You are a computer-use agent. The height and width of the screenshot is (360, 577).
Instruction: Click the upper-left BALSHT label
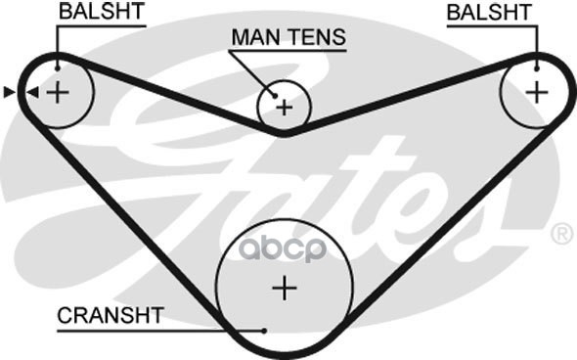(x=102, y=12)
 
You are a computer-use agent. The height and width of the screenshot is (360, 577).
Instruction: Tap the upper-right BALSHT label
(x=489, y=12)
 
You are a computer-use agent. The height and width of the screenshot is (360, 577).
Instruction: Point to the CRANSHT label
(x=111, y=315)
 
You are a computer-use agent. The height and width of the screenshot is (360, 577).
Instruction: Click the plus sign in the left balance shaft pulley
(x=58, y=92)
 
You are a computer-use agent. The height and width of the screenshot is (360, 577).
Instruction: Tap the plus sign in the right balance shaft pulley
(x=537, y=92)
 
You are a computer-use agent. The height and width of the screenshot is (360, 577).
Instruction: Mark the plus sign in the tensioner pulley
(x=284, y=108)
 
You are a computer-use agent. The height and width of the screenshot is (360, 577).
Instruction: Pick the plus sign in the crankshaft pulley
(x=285, y=289)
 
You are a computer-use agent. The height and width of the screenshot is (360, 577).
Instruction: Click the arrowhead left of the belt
(x=9, y=92)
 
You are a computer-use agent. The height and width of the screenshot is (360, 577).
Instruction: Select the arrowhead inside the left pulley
(x=33, y=92)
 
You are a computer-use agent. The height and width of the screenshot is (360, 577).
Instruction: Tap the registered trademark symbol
(x=561, y=234)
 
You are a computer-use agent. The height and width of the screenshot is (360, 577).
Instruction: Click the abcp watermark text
(x=283, y=249)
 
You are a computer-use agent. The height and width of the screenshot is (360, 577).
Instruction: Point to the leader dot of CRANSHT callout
(x=264, y=331)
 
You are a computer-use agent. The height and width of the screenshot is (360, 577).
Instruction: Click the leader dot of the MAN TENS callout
(x=275, y=96)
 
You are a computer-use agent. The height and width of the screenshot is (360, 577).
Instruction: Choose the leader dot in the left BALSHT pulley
(x=57, y=68)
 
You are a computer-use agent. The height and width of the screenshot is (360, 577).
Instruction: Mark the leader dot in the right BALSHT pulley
(x=537, y=68)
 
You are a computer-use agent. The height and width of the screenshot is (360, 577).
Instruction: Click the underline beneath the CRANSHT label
(x=160, y=331)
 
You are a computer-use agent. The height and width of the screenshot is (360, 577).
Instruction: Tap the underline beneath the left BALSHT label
(x=101, y=26)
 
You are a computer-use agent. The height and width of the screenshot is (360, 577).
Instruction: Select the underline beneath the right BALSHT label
(x=492, y=26)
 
